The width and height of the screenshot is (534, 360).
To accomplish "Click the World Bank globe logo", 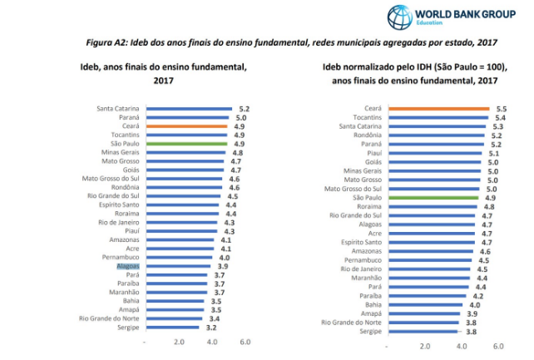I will (400, 17).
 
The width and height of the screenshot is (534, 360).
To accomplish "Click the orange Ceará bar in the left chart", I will (186, 126).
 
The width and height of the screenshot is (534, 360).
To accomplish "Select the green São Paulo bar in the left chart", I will (186, 143).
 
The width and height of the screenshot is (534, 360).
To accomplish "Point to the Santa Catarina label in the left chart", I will (118, 108).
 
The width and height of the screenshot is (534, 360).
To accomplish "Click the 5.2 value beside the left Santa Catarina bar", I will (244, 108).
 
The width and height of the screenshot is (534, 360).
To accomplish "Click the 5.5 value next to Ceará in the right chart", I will (501, 108).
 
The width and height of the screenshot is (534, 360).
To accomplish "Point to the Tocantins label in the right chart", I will (363, 117).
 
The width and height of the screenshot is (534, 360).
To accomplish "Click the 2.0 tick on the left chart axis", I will (179, 342).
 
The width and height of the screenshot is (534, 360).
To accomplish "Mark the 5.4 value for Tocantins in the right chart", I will (501, 117).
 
